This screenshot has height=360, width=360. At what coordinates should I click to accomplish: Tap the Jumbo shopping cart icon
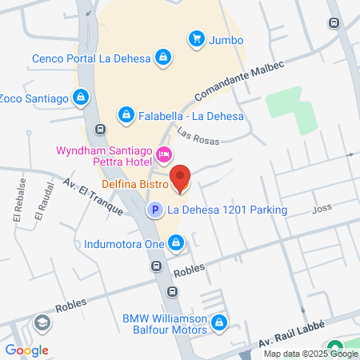[x=195, y=38]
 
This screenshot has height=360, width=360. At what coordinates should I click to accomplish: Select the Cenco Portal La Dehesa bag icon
[x=162, y=58]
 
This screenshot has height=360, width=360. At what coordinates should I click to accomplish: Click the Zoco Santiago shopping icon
[x=81, y=98]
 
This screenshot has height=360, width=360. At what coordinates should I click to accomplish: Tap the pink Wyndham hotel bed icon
[x=163, y=154]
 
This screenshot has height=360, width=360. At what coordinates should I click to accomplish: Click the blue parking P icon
[x=153, y=210]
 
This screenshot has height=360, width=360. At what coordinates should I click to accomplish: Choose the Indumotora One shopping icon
[x=176, y=242]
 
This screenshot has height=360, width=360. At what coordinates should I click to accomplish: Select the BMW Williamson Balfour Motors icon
[x=220, y=324]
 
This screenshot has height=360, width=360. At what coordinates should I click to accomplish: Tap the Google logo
[x=26, y=350]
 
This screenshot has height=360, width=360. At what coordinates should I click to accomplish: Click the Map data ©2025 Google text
[x=311, y=354]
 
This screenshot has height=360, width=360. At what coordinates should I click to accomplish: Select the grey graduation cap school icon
[x=41, y=323]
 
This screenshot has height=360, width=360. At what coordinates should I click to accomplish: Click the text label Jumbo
[x=226, y=39]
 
